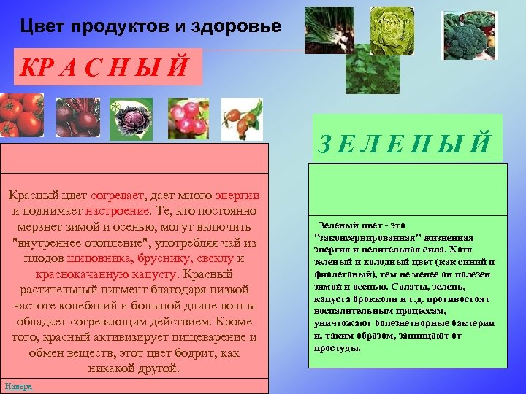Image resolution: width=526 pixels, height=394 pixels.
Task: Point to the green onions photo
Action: [329, 28]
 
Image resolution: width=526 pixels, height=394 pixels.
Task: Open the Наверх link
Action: [19, 385]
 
